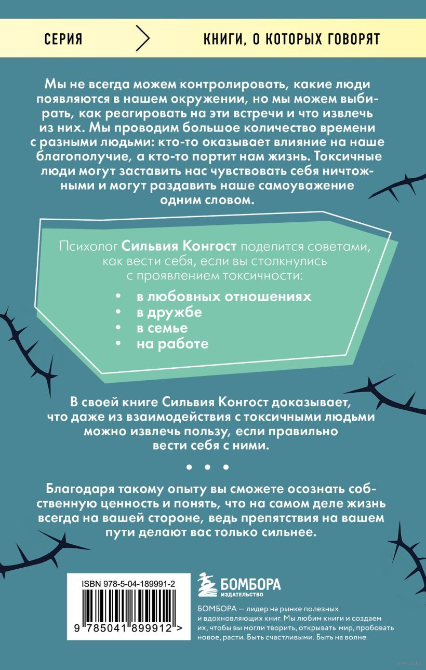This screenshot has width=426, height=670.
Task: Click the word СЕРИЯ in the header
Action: (64, 39)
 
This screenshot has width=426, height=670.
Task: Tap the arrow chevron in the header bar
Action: (142, 39)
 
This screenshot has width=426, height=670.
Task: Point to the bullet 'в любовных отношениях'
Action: (224, 297)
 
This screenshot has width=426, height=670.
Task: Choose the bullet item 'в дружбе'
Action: (169, 313)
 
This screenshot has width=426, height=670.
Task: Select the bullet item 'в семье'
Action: (162, 328)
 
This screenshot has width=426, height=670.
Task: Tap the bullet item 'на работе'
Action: (172, 344)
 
